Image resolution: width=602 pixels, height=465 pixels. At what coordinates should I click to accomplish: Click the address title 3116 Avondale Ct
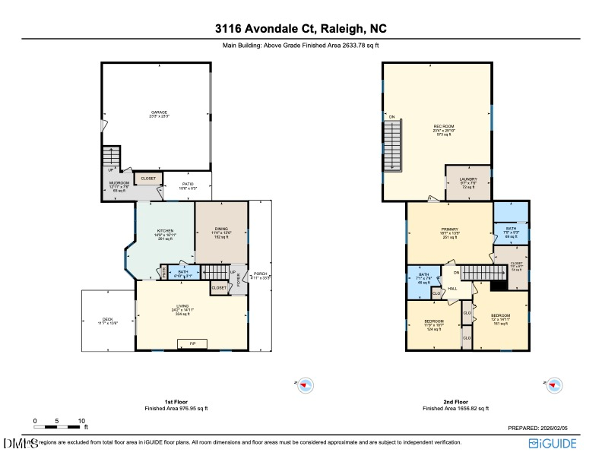point(300,30)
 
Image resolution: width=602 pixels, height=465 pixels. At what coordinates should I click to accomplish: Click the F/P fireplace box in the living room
point(192,343)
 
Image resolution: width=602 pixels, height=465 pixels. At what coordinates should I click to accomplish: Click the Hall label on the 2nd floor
point(451,289)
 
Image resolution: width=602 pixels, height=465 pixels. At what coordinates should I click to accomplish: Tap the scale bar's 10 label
point(81,420)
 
